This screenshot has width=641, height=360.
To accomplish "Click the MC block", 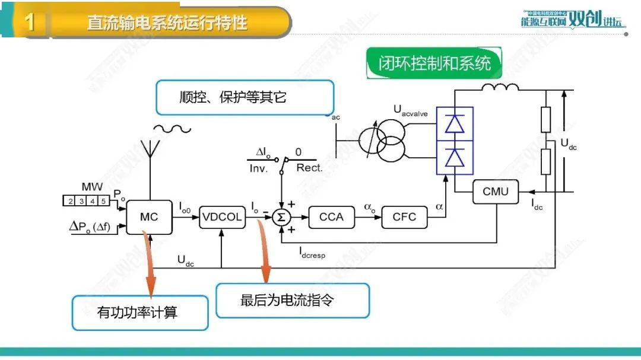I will point(149,216).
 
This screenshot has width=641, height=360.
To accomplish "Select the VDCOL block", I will point(221,216).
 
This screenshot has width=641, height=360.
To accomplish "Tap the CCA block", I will point(331,216).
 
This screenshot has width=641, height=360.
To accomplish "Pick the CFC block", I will point(404,216).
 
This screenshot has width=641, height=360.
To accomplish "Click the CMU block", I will point(495,192).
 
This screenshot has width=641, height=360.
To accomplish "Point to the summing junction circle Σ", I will point(281,217).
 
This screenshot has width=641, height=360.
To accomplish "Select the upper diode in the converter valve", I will point(455,123).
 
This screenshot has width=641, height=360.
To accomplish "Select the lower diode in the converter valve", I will point(455,158).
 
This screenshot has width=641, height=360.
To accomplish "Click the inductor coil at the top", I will point(500,89).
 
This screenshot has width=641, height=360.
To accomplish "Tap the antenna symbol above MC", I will point(148,155).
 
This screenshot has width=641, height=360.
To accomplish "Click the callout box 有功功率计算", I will point(140,313).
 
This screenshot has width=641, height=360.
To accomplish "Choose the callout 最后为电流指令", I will point(293,300).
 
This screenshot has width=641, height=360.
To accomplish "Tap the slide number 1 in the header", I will point(30,23).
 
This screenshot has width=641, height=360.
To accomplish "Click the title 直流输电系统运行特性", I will point(167,23).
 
